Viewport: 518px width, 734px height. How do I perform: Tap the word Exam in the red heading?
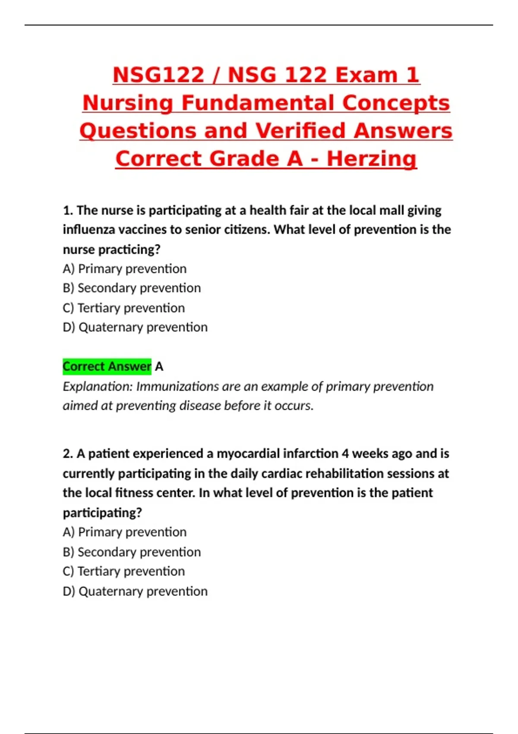366,75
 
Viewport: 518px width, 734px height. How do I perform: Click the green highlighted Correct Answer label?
107,367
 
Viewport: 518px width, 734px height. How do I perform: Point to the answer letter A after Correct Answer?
159,367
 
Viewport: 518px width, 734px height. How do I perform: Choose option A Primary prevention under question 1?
125,269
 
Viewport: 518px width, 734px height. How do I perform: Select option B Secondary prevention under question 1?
132,288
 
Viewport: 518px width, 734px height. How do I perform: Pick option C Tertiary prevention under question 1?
124,308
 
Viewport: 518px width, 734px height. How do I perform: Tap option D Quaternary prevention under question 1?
135,327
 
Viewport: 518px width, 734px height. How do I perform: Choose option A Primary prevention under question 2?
125,532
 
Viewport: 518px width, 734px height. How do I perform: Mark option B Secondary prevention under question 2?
132,552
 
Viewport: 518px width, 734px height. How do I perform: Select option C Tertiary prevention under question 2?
124,571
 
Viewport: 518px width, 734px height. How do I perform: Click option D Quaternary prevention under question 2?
135,591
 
